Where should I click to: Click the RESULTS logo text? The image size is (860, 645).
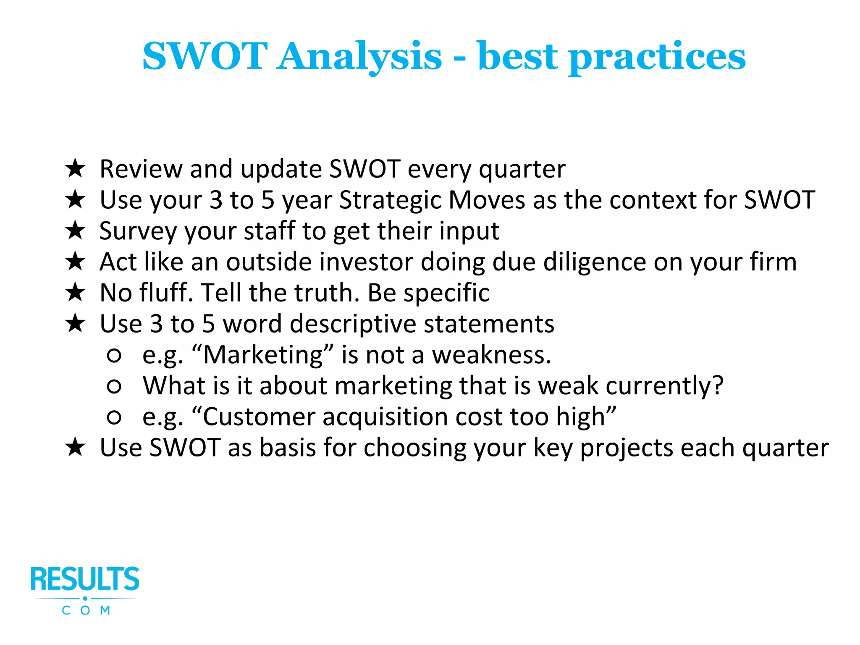coord(85,579)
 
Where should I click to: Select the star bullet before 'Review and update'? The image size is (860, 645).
coord(76,169)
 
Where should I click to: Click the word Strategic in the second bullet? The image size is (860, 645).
coord(390,200)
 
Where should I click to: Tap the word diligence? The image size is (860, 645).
coord(594,262)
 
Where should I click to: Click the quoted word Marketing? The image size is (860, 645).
coord(263,355)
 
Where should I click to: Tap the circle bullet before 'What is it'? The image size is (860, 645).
coord(114,386)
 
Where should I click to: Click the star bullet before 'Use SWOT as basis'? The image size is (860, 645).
coord(76,447)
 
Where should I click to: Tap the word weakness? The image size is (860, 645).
coord(491,355)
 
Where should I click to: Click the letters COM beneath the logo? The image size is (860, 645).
coord(86,610)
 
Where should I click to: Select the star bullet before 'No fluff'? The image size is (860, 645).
coord(76,293)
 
